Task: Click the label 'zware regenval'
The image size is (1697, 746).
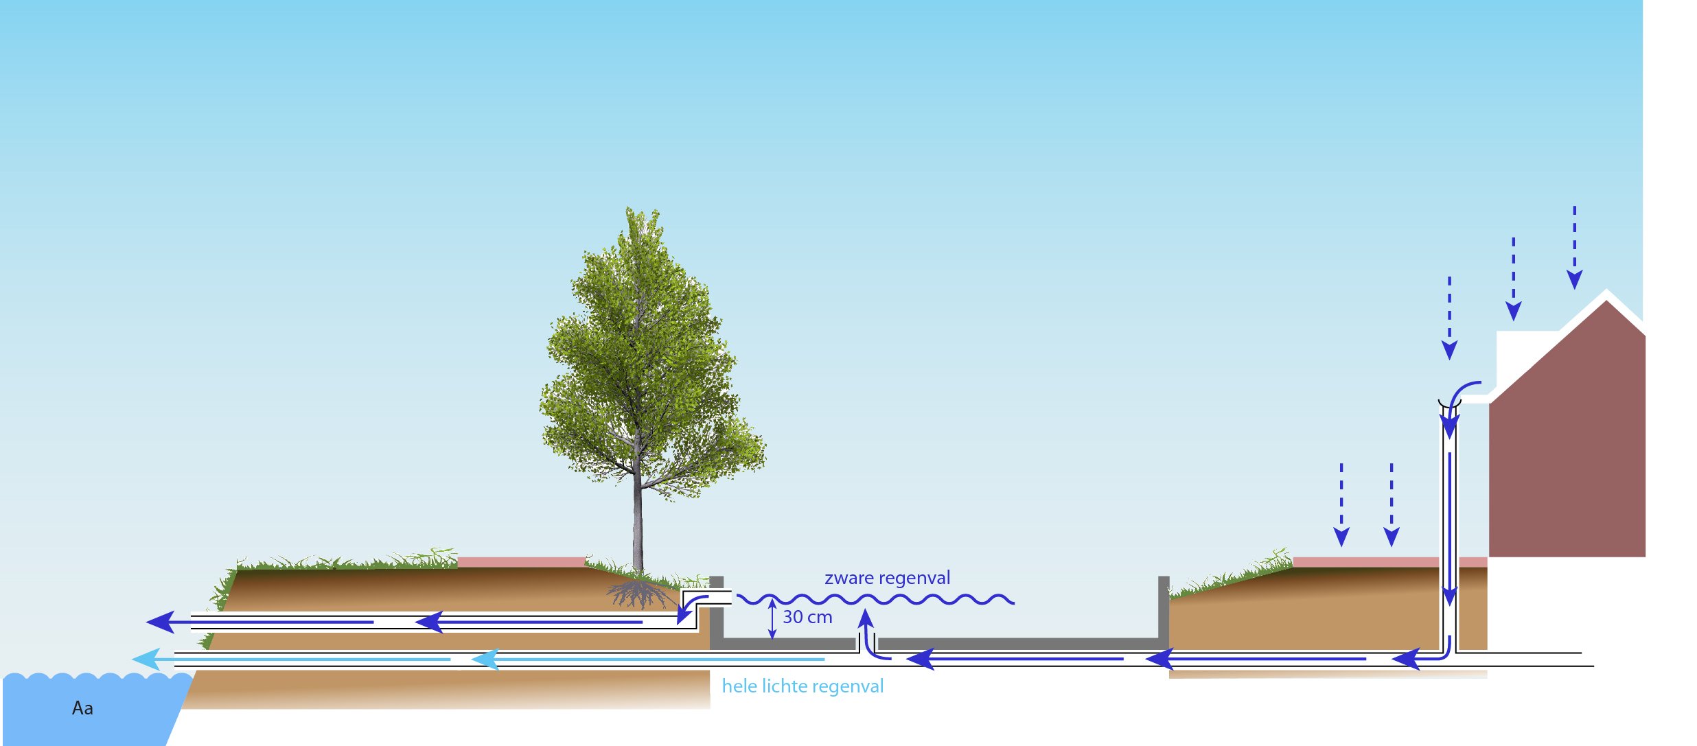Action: pyautogui.click(x=887, y=579)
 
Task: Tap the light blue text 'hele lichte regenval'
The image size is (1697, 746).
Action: pyautogui.click(x=803, y=686)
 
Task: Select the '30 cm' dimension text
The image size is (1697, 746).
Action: pyautogui.click(x=807, y=617)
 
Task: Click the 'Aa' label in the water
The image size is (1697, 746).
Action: pyautogui.click(x=82, y=708)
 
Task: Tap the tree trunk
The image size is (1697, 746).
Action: pyautogui.click(x=638, y=522)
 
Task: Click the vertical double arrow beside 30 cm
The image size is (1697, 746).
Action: pyautogui.click(x=772, y=619)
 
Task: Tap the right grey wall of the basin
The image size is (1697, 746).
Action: pyautogui.click(x=1164, y=611)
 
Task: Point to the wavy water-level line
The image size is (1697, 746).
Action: pyautogui.click(x=875, y=600)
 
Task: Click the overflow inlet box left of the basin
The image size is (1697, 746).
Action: pyautogui.click(x=706, y=597)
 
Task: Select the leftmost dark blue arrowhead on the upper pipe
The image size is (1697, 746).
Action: pyautogui.click(x=161, y=622)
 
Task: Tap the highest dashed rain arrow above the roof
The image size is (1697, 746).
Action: pyautogui.click(x=1575, y=247)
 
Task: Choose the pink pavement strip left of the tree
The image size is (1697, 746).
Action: pyautogui.click(x=522, y=562)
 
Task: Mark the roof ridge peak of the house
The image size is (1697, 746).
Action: pyautogui.click(x=1606, y=291)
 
